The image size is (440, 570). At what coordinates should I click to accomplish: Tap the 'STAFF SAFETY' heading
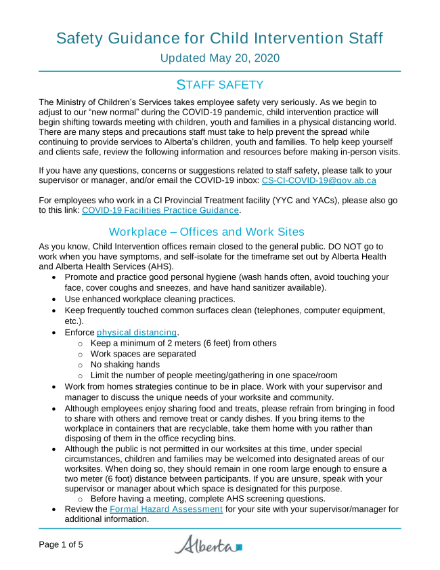pyautogui.click(x=219, y=85)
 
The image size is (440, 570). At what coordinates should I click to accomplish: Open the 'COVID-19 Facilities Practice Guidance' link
pyautogui.click(x=160, y=211)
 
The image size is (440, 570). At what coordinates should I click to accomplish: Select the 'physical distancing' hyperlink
pyautogui.click(x=137, y=332)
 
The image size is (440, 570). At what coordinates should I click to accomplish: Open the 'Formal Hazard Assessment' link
pyautogui.click(x=166, y=508)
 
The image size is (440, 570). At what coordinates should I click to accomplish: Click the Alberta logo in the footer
pyautogui.click(x=208, y=544)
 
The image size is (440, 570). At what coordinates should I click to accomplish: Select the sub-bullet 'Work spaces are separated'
pyautogui.click(x=143, y=354)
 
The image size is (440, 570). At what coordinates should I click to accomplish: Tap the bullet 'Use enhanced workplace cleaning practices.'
pyautogui.click(x=150, y=298)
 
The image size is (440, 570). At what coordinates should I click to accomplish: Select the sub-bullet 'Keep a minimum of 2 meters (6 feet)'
pyautogui.click(x=183, y=343)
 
